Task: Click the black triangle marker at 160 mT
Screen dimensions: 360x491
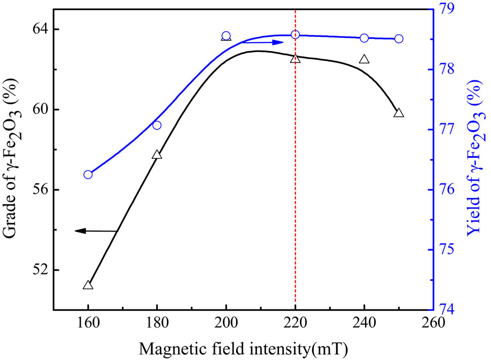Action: [x=88, y=285]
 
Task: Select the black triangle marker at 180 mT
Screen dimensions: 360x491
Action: [x=157, y=155]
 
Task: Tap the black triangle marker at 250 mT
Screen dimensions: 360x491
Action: [x=398, y=113]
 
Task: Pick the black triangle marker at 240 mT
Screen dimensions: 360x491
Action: [x=364, y=59]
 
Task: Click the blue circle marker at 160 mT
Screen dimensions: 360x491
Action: [x=88, y=174]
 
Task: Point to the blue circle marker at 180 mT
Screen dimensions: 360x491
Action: [x=157, y=125]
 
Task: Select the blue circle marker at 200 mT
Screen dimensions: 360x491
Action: [x=226, y=36]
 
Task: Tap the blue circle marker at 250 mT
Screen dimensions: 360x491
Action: [x=398, y=38]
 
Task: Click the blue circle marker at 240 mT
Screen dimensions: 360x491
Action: [x=364, y=38]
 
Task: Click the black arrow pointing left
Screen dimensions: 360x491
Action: [x=96, y=231]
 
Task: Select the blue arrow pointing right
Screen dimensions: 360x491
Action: [x=263, y=42]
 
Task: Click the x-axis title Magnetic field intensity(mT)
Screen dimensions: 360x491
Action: [x=246, y=348]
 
